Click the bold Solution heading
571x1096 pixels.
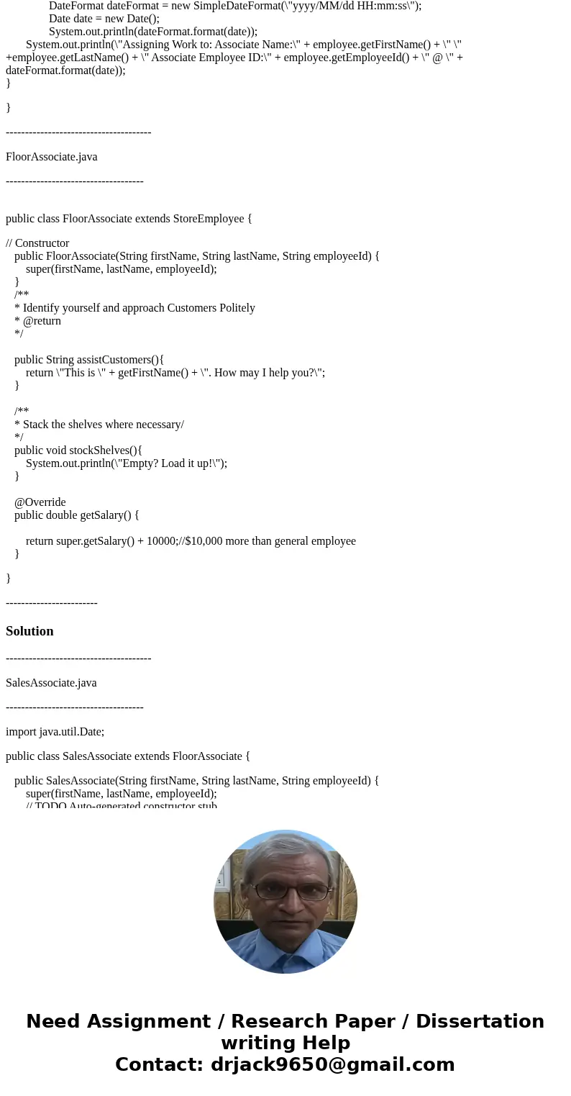click(x=29, y=631)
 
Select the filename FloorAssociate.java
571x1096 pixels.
click(x=52, y=157)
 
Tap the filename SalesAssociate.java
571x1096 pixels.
click(x=51, y=683)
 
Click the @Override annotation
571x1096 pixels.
click(x=40, y=502)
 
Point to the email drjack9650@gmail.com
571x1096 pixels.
click(x=332, y=1064)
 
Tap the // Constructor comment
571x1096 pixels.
click(x=37, y=243)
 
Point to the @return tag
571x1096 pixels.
click(x=42, y=321)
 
